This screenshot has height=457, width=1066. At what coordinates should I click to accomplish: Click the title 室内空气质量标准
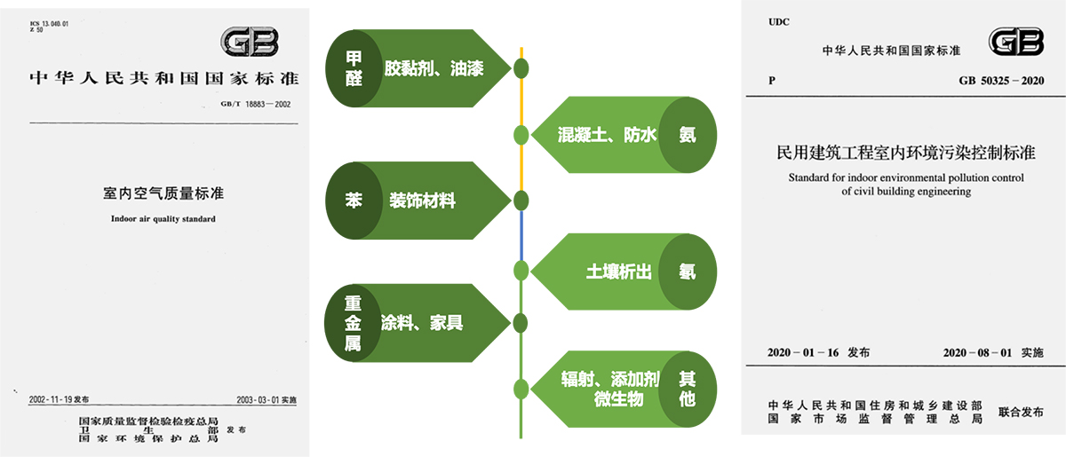point(163,193)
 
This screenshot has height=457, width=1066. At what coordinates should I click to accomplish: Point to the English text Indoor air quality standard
point(163,218)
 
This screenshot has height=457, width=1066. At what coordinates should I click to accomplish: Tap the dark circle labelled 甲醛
point(354,67)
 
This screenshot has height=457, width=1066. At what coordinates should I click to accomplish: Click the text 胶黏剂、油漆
point(434,68)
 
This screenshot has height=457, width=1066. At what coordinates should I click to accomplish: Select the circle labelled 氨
point(687,135)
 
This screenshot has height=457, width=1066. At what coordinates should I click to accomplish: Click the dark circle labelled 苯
point(354,201)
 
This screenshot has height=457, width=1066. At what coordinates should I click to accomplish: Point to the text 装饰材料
point(423,201)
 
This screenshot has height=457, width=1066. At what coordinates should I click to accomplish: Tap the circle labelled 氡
point(687,272)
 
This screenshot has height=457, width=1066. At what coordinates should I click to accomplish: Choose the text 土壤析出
point(618,272)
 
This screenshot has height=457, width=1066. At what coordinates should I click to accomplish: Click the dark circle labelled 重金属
point(354,323)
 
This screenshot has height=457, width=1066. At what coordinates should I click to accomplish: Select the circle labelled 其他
point(687,390)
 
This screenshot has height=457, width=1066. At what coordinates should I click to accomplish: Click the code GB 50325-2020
point(1000,81)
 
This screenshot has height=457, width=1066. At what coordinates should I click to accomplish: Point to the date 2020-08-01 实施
point(993,353)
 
